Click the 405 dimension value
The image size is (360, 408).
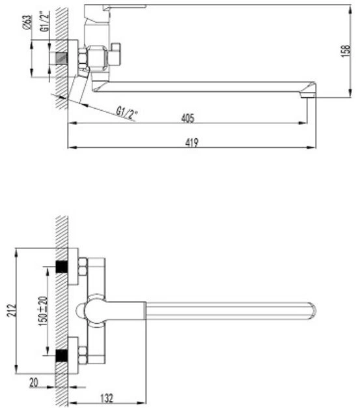[187, 118]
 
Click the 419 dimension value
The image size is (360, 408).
[192, 143]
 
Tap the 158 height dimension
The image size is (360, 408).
[346, 51]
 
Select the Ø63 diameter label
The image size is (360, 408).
[27, 22]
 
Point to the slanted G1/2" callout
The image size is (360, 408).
[126, 113]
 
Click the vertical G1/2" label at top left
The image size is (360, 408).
[45, 22]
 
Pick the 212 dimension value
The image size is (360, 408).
[12, 310]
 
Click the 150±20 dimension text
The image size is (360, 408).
[43, 311]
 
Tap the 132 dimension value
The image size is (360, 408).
[107, 398]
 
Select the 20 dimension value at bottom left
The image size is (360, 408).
[34, 383]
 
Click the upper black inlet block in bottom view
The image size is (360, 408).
[62, 267]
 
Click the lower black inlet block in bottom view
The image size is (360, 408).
[62, 356]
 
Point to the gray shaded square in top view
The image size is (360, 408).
[62, 59]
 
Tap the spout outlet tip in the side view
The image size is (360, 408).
[308, 95]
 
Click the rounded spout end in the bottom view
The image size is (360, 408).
[313, 311]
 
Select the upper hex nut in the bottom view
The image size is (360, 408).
[83, 267]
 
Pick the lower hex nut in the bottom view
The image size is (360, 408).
[83, 355]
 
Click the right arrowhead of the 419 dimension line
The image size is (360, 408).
[311, 147]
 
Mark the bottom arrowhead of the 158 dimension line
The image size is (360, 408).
[351, 93]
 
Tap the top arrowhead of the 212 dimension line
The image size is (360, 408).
[16, 253]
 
